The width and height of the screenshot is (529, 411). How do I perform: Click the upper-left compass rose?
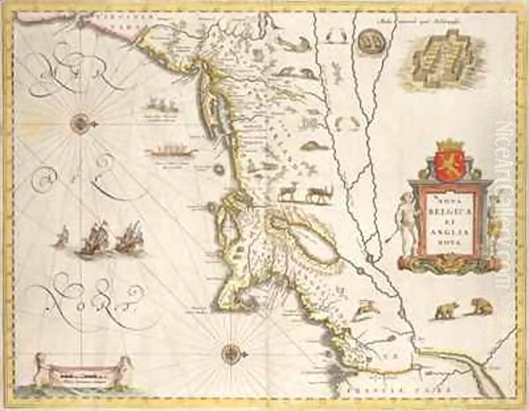(81, 123)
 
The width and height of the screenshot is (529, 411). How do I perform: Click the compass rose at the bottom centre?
(231, 353)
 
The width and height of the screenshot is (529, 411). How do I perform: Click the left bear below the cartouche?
(444, 310)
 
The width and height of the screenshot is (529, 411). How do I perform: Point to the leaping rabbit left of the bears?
(363, 307)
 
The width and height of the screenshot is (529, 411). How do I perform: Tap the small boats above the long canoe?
(160, 106)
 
